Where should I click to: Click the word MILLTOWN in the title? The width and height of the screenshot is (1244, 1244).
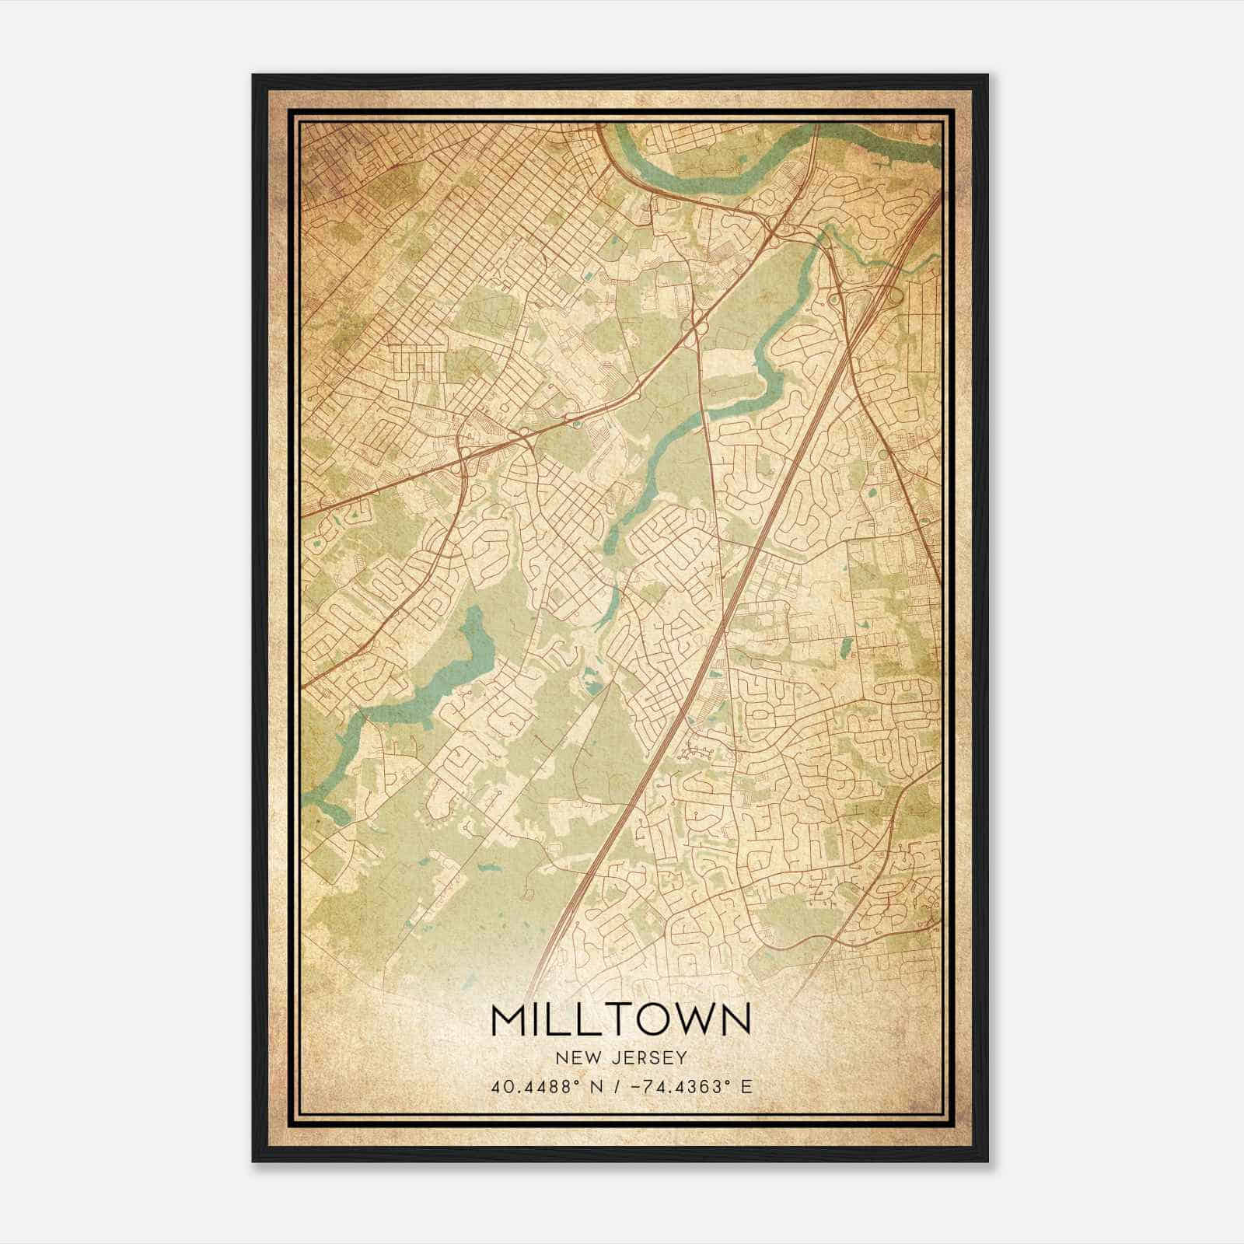click(x=621, y=1020)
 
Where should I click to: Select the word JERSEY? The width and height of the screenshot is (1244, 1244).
click(x=648, y=1057)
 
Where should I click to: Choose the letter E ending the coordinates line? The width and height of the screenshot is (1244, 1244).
click(x=747, y=1086)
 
